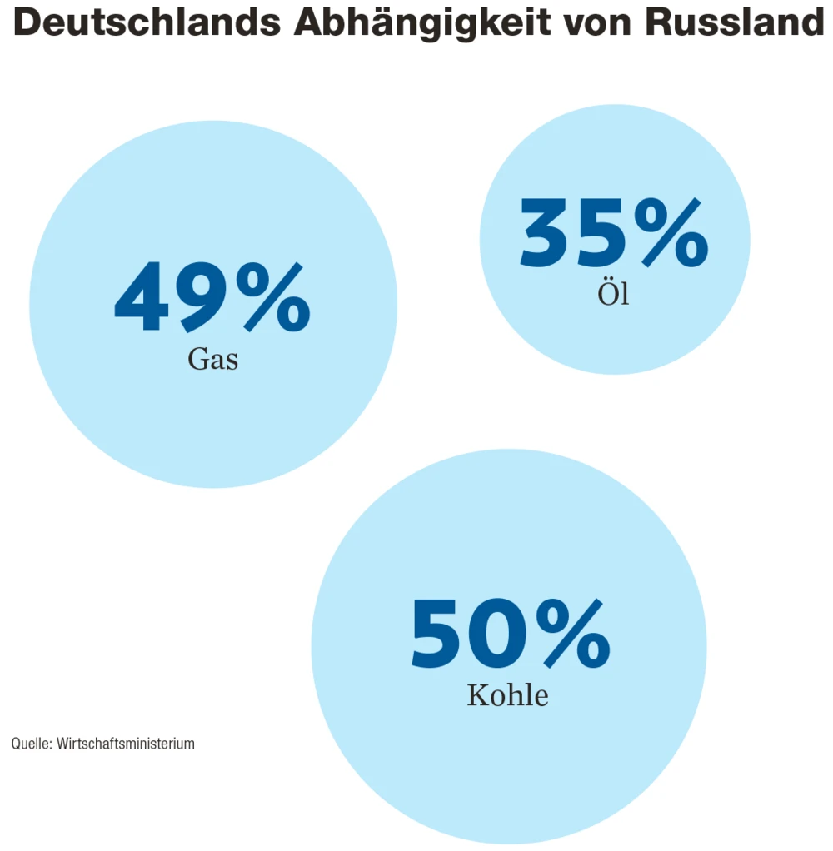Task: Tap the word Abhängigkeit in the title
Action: click(421, 24)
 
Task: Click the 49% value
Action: click(212, 297)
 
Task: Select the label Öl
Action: click(614, 294)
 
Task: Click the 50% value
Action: click(510, 635)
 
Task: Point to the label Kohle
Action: click(508, 695)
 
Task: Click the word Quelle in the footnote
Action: click(31, 744)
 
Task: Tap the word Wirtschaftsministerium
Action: click(126, 744)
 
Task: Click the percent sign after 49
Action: click(271, 297)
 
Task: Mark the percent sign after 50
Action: click(571, 635)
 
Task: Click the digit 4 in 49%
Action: click(140, 298)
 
